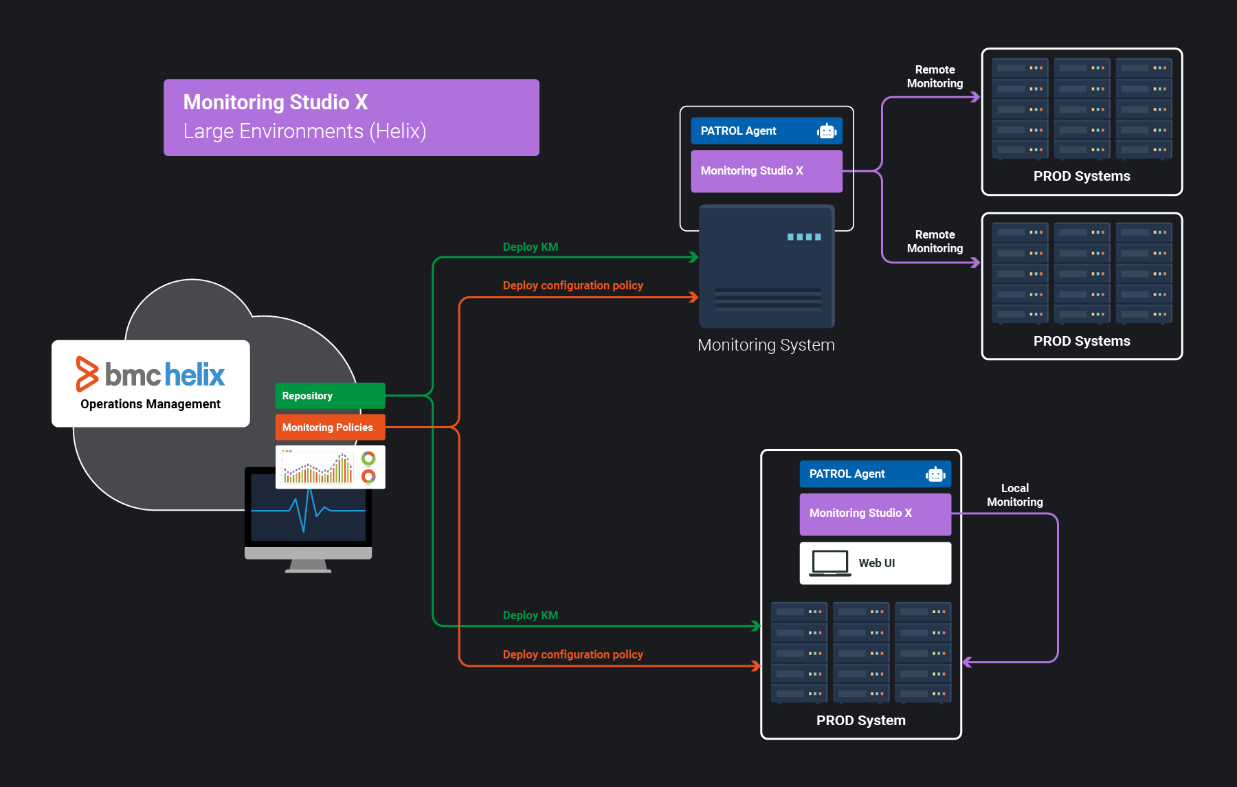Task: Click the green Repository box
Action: (330, 396)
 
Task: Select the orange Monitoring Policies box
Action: (330, 427)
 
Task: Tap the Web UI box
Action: (876, 563)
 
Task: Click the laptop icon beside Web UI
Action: (830, 563)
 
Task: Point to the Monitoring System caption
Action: (766, 345)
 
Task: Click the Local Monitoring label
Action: (1014, 495)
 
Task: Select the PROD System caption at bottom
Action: (860, 720)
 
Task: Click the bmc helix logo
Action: (151, 374)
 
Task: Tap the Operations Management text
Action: (151, 404)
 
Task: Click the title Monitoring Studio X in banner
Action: (276, 102)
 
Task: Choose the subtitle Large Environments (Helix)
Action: (304, 131)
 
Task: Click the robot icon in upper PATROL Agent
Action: (827, 131)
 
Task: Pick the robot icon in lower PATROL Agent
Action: (935, 474)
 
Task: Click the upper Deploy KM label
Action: (530, 247)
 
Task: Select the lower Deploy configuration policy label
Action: (572, 654)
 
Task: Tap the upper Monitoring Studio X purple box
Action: (766, 171)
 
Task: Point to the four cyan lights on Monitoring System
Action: (804, 237)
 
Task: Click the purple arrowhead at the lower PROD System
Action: (967, 663)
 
